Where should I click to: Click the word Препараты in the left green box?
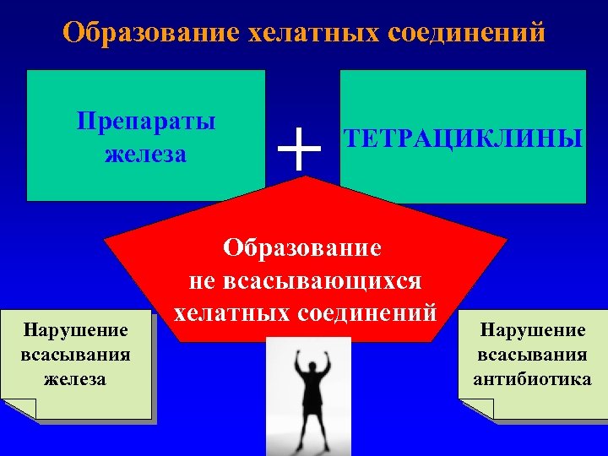pos(146,120)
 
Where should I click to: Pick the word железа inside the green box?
pos(146,155)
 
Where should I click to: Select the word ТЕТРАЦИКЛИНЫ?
pos(462,138)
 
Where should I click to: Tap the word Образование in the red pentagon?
pos(302,248)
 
